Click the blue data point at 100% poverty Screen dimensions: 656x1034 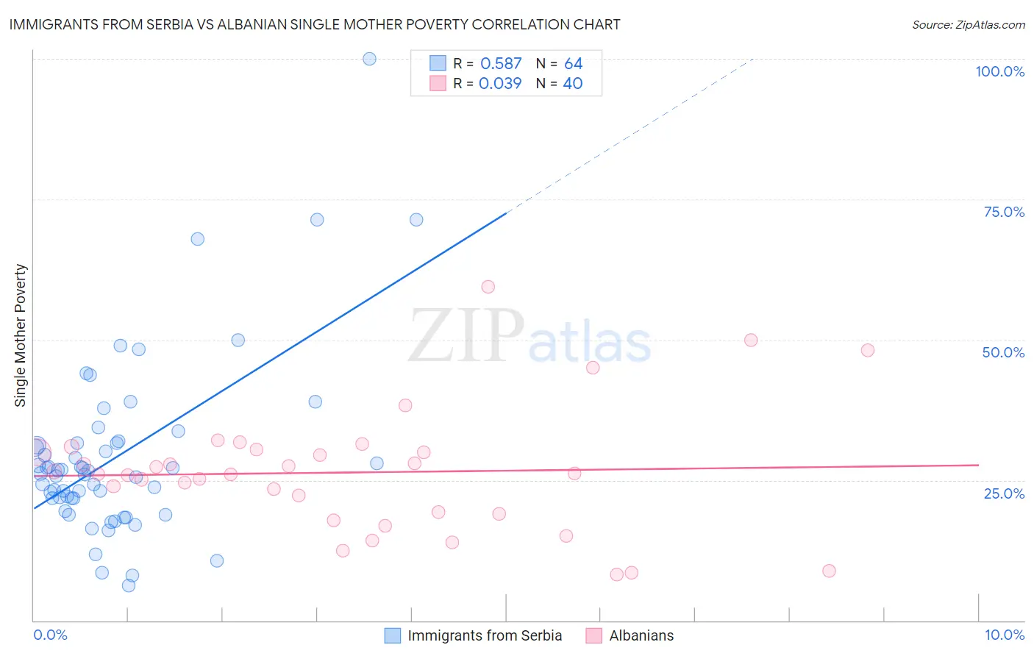369,59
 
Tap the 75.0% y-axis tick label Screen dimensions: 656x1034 1004,212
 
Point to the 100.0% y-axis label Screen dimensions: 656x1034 999,71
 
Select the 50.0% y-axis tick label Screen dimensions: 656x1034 1003,352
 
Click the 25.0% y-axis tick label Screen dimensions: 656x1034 1004,493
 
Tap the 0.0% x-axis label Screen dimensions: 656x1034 50,635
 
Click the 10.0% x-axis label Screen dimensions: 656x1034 1004,635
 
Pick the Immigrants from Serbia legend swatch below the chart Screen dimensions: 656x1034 393,635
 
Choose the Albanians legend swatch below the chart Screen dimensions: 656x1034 593,635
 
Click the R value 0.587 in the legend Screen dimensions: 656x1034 501,64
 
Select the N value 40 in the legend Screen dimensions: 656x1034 572,84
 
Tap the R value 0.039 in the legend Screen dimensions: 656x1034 500,84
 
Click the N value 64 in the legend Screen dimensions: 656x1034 573,64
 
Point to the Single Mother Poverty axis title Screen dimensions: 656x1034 21,335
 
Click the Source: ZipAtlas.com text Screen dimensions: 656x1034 968,25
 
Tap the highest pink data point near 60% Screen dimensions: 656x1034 488,287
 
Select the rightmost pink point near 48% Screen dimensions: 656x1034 868,350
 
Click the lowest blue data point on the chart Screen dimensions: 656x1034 129,585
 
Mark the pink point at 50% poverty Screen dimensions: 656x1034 751,340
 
